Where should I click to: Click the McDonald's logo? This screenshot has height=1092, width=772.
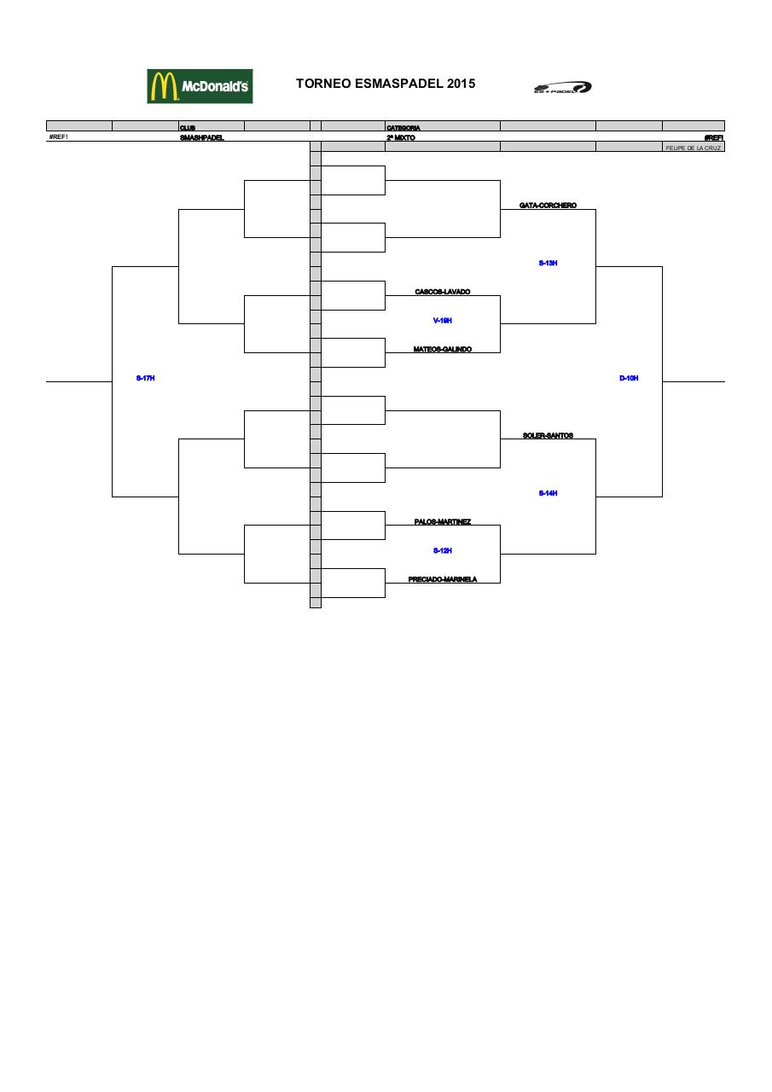tap(200, 86)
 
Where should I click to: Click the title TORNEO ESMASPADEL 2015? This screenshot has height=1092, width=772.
tap(386, 84)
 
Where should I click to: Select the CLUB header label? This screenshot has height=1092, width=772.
tap(188, 128)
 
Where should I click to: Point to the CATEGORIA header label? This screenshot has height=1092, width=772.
tap(403, 128)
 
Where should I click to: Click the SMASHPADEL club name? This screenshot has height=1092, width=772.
tap(202, 137)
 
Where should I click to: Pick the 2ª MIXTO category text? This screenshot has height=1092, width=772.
tap(401, 137)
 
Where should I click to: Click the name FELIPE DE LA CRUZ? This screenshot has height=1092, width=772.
tap(694, 148)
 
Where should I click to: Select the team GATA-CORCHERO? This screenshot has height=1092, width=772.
tap(548, 206)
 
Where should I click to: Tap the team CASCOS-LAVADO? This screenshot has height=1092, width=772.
tap(442, 292)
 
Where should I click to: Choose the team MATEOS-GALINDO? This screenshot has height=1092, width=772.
tap(442, 349)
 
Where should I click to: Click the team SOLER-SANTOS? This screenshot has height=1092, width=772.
tap(548, 436)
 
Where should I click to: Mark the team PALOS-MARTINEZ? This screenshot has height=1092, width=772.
tap(442, 522)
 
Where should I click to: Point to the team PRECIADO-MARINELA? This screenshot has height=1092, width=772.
tap(442, 579)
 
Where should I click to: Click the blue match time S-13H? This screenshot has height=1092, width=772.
tap(548, 264)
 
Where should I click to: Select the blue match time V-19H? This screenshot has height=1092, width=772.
tap(442, 321)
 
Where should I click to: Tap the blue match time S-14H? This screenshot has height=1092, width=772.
tap(548, 493)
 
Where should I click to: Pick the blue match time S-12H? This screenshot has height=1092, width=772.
tap(442, 551)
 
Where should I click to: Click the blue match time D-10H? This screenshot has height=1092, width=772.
tap(629, 378)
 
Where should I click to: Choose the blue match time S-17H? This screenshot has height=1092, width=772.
tap(145, 378)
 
